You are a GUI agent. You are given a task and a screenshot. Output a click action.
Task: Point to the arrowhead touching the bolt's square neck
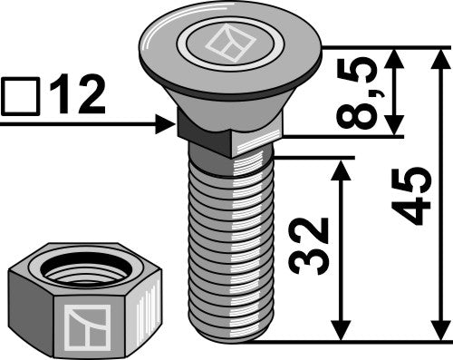(x=166, y=124)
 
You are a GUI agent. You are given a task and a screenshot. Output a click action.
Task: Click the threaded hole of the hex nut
(x=82, y=269)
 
